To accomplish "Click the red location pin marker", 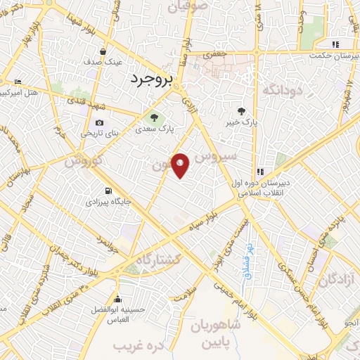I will (181, 165).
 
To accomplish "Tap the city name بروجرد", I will (150, 81).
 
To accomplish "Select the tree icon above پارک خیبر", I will (241, 111).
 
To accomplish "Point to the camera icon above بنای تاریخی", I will (100, 122).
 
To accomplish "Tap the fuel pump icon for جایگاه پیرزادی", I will (107, 191).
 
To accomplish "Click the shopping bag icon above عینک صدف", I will (103, 51).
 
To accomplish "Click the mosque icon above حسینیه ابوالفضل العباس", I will (117, 297).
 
